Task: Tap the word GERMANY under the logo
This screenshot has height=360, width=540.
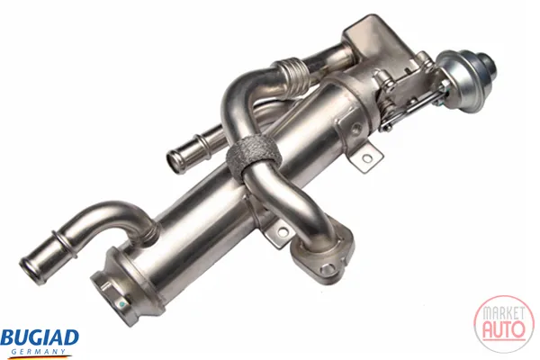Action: [x=38, y=352]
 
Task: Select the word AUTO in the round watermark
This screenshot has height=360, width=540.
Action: [x=504, y=330]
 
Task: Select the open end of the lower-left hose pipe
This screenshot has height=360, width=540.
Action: [x=32, y=270]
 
